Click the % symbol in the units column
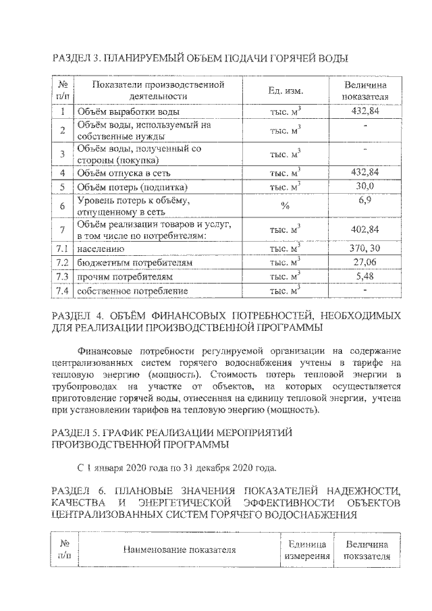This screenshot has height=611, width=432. [285, 207]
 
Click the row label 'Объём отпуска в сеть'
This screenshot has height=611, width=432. [121, 173]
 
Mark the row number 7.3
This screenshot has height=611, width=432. [62, 277]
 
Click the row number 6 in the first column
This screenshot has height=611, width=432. [62, 207]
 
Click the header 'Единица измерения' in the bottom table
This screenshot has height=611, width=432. [307, 550]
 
